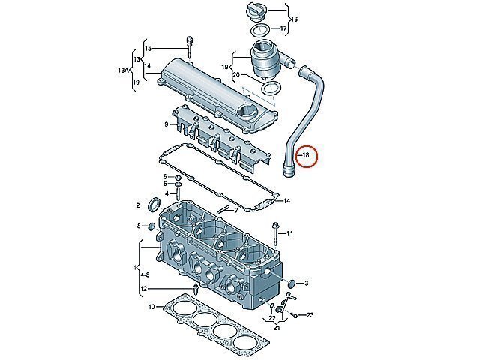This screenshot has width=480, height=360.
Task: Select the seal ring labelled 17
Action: pos(260,30)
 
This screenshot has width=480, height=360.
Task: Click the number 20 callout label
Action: pos(236,74)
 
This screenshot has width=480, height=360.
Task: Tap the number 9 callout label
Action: pos(166,124)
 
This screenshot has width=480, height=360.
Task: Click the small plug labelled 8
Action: pos(151,227)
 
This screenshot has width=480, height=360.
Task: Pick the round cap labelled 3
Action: pos(292,283)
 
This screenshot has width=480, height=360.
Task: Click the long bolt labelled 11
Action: pos(274,233)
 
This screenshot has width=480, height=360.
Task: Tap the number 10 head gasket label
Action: pos(151,306)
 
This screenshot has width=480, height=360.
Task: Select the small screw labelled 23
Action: pos(294,315)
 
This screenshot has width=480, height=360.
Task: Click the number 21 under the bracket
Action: pos(277,328)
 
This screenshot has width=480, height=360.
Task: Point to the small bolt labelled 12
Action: pos(195,288)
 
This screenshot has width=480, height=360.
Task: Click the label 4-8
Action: pos(145,275)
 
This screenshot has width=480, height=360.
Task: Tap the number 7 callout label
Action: pos(236,210)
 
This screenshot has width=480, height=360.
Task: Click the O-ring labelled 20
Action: pos(271,88)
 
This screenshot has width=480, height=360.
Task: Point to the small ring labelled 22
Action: pos(271,305)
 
